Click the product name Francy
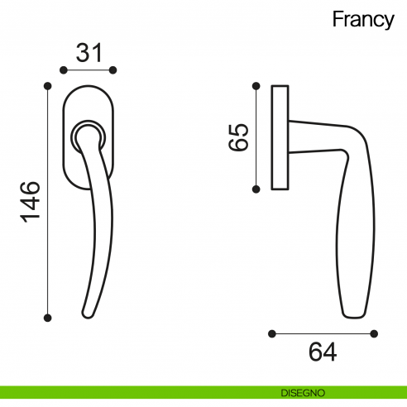click(x=363, y=20)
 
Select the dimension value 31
click(x=89, y=53)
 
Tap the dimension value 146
click(x=29, y=201)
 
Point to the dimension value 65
click(x=237, y=136)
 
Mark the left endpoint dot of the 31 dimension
click(x=65, y=70)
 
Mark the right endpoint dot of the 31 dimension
click(x=114, y=70)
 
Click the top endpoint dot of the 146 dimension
click(x=48, y=85)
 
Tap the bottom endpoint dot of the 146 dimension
click(x=48, y=317)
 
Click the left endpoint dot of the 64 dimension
click(x=272, y=333)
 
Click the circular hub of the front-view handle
click(x=87, y=133)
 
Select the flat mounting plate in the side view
click(x=279, y=137)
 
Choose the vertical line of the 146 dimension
click(x=48, y=201)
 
